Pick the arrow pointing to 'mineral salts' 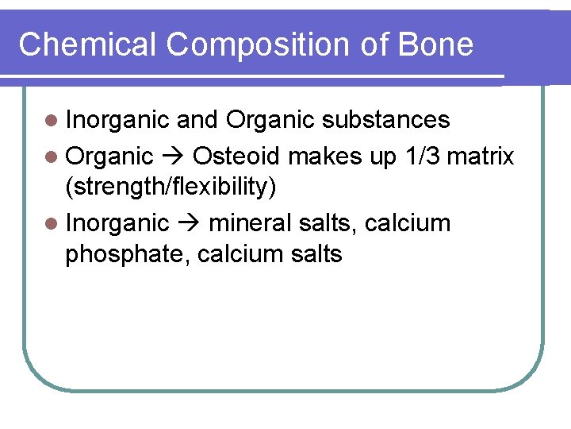189,224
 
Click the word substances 388,120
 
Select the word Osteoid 236,156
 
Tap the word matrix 481,156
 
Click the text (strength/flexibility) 171,187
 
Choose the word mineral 251,223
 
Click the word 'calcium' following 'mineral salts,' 408,223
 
